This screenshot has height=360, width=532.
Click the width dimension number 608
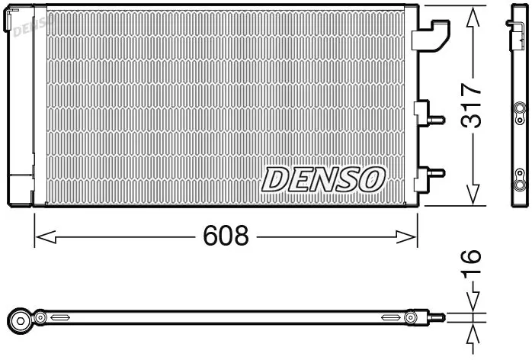[x=226, y=236]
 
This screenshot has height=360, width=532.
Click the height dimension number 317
[x=472, y=105]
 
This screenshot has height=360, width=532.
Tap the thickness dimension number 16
[x=472, y=262]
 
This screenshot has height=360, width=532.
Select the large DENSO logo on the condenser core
[x=323, y=179]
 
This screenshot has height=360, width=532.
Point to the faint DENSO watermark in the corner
[x=34, y=26]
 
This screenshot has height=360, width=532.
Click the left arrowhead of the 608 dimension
[x=46, y=236]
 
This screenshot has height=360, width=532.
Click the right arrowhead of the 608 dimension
[x=406, y=236]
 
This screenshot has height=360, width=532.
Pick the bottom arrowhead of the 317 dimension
[x=473, y=195]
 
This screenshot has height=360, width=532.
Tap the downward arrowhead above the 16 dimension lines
[x=473, y=302]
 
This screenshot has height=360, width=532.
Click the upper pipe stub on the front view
[x=436, y=120]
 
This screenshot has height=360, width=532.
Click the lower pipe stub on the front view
[x=436, y=173]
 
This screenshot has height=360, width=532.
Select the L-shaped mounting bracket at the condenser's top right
[x=431, y=35]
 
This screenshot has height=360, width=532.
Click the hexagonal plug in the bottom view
[x=20, y=320]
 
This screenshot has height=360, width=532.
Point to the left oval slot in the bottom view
[x=60, y=317]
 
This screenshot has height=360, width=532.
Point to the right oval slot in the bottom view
[x=391, y=317]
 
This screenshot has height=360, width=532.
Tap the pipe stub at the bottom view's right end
[x=437, y=317]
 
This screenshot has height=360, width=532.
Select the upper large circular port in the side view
[x=519, y=108]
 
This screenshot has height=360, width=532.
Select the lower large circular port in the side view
[x=519, y=185]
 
